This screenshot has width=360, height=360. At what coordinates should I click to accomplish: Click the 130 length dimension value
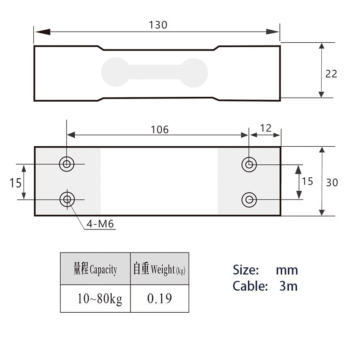point(158,25)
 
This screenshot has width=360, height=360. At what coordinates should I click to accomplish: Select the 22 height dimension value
point(331,74)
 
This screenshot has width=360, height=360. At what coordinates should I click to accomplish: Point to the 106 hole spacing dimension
point(160,130)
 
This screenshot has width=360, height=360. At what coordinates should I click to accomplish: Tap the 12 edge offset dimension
point(266,128)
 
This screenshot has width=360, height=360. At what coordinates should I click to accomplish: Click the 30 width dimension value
point(332,182)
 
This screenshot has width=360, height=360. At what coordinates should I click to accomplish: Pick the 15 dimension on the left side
point(15,182)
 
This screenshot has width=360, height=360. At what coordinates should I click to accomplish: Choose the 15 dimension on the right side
point(307,181)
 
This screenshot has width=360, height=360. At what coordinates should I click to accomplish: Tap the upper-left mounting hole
point(67,164)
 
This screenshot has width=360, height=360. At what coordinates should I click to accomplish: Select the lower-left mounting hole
point(67,199)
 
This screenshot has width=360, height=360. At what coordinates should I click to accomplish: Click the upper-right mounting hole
point(248,164)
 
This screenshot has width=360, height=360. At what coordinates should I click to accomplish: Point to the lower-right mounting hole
point(248,199)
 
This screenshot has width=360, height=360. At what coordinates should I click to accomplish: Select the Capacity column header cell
point(95,269)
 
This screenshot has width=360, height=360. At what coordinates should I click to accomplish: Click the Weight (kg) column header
point(159,269)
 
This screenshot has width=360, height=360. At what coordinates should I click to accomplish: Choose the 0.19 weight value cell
point(159,299)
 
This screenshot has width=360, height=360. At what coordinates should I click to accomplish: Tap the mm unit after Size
point(287,270)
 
